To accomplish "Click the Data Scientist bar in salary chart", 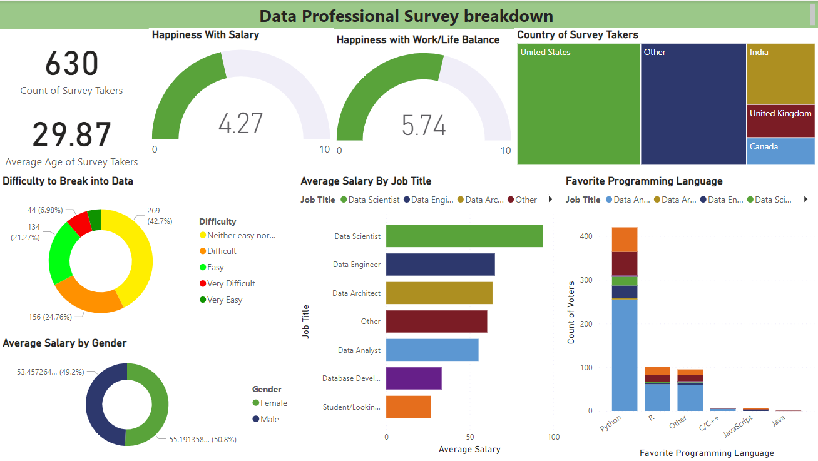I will tap(464, 236).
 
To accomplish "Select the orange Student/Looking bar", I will tap(408, 407).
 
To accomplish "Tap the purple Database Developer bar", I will tap(414, 378).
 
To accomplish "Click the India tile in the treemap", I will tap(780, 74).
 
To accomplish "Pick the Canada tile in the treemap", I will tap(780, 151).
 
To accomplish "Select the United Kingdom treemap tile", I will tap(780, 121).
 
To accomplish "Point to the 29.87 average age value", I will tap(71, 135).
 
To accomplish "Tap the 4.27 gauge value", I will tap(241, 123).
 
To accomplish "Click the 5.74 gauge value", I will tap(424, 126).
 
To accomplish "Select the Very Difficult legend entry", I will tap(231, 283).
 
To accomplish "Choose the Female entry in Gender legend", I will tap(274, 403).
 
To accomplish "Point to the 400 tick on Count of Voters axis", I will tap(586, 236).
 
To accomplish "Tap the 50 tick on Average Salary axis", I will tap(470, 437).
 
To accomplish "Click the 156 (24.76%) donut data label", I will tap(50, 317).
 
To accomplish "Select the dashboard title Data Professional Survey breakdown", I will tap(406, 16).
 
